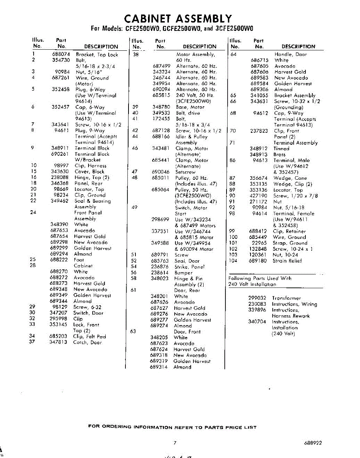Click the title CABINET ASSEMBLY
point(178,19)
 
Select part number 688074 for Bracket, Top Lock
point(61,55)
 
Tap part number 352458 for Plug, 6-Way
point(61,90)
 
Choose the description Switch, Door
point(88,313)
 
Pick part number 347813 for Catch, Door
point(59,342)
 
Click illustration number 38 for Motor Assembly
point(135,55)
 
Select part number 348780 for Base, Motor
point(161,107)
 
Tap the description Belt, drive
point(188,113)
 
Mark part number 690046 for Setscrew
point(161,172)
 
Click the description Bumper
point(183,273)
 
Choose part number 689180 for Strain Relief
point(258,261)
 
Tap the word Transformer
point(286,298)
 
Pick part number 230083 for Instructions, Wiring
point(257,304)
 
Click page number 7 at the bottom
point(175,443)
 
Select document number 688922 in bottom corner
point(313,443)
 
